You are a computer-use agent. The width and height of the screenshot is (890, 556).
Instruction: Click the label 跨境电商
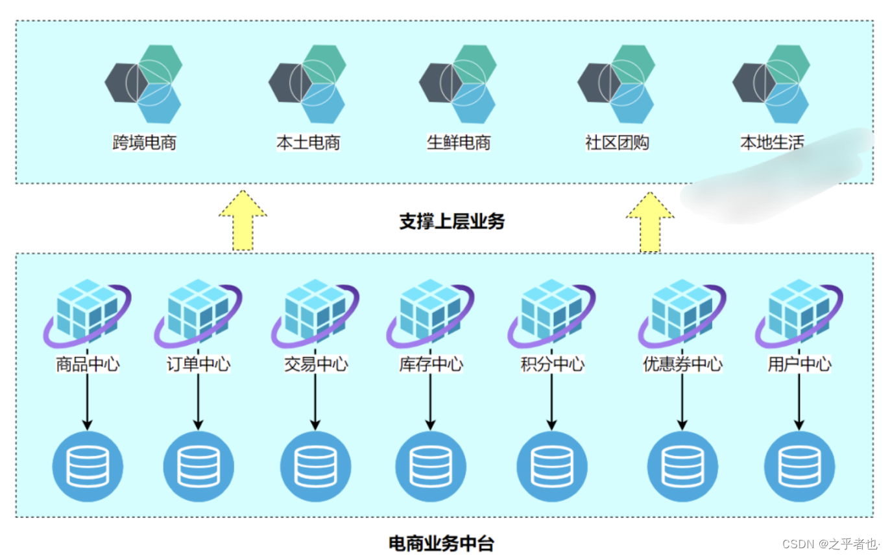click(144, 143)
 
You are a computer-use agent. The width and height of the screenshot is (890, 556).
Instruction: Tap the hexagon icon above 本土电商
click(307, 84)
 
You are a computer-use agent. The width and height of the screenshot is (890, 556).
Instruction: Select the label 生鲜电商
click(459, 143)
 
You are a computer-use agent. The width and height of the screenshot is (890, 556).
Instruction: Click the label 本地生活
click(772, 143)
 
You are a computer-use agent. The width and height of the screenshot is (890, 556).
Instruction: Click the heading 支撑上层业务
click(451, 222)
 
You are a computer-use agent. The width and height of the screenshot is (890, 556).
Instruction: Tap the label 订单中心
click(198, 364)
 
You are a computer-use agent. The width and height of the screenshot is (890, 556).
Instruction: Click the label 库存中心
click(431, 364)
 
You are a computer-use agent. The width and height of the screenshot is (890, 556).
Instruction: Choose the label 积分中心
click(552, 364)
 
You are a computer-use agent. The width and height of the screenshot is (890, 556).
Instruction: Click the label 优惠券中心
click(682, 364)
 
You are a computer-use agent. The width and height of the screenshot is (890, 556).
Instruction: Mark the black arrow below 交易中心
click(315, 402)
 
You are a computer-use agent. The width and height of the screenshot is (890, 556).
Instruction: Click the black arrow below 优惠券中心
click(682, 402)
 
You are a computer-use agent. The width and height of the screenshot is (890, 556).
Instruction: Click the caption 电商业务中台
click(441, 543)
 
